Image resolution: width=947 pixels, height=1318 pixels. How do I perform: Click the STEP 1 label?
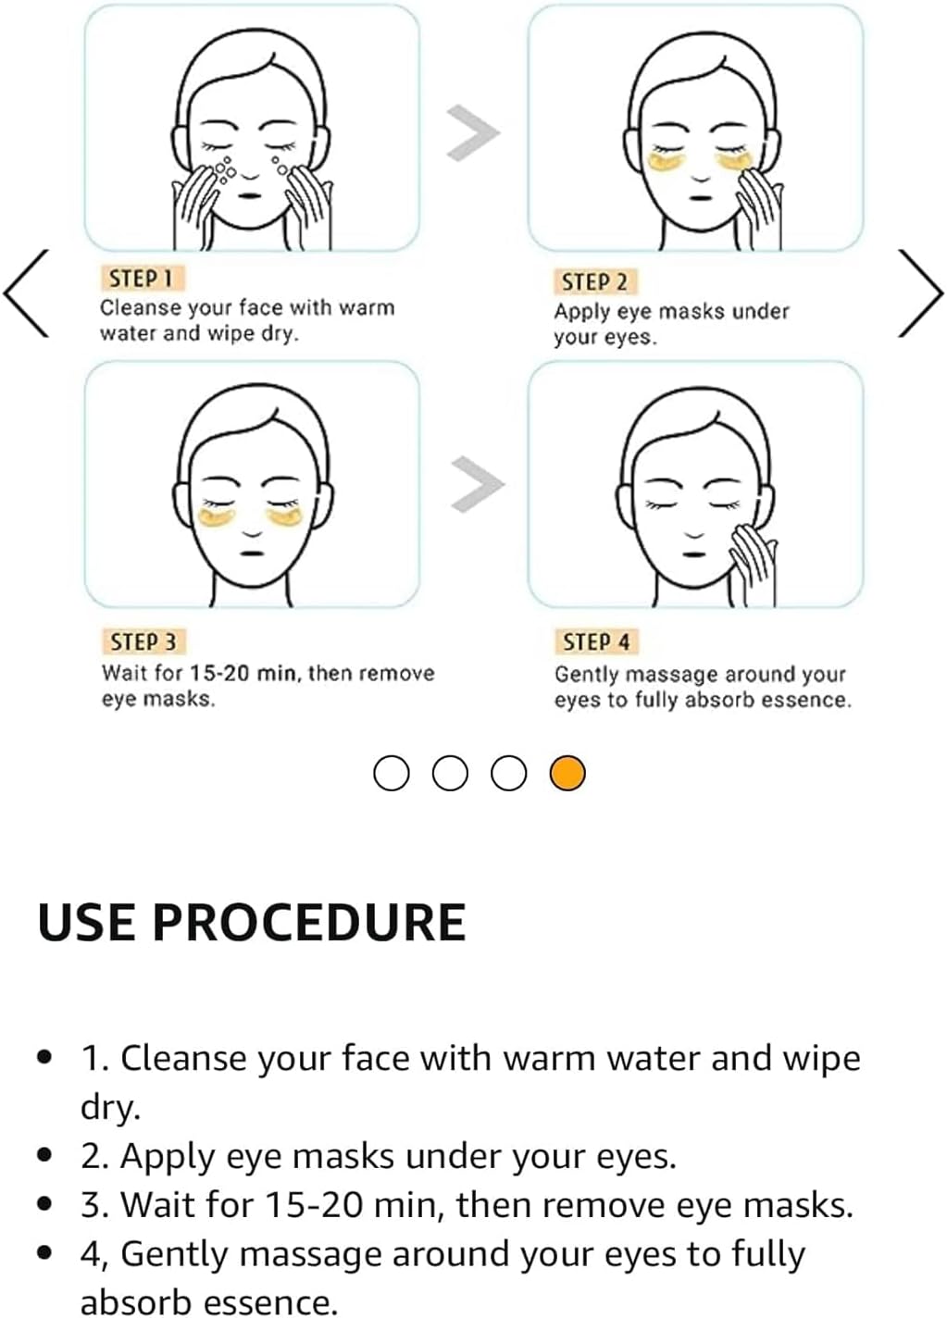tap(143, 279)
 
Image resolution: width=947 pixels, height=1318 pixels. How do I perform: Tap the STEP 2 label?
tap(595, 282)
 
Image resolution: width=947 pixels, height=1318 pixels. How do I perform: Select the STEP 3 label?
tap(143, 642)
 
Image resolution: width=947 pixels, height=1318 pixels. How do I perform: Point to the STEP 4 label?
tap(596, 641)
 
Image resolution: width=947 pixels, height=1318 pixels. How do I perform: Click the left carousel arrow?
tap(26, 293)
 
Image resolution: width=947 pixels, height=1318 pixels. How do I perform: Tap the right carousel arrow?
tap(920, 293)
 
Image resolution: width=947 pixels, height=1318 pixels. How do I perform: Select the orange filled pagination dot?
tap(567, 773)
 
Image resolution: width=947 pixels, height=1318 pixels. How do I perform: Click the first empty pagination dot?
tap(392, 773)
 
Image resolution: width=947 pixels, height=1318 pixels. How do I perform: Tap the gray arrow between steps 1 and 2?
tap(474, 133)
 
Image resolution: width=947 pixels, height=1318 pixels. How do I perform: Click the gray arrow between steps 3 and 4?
tap(478, 484)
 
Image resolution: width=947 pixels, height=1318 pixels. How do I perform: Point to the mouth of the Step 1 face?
tap(250, 196)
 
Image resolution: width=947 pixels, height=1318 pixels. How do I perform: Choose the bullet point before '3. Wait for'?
tap(44, 1204)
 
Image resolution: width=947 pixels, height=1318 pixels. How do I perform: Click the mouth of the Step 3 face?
tap(252, 553)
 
